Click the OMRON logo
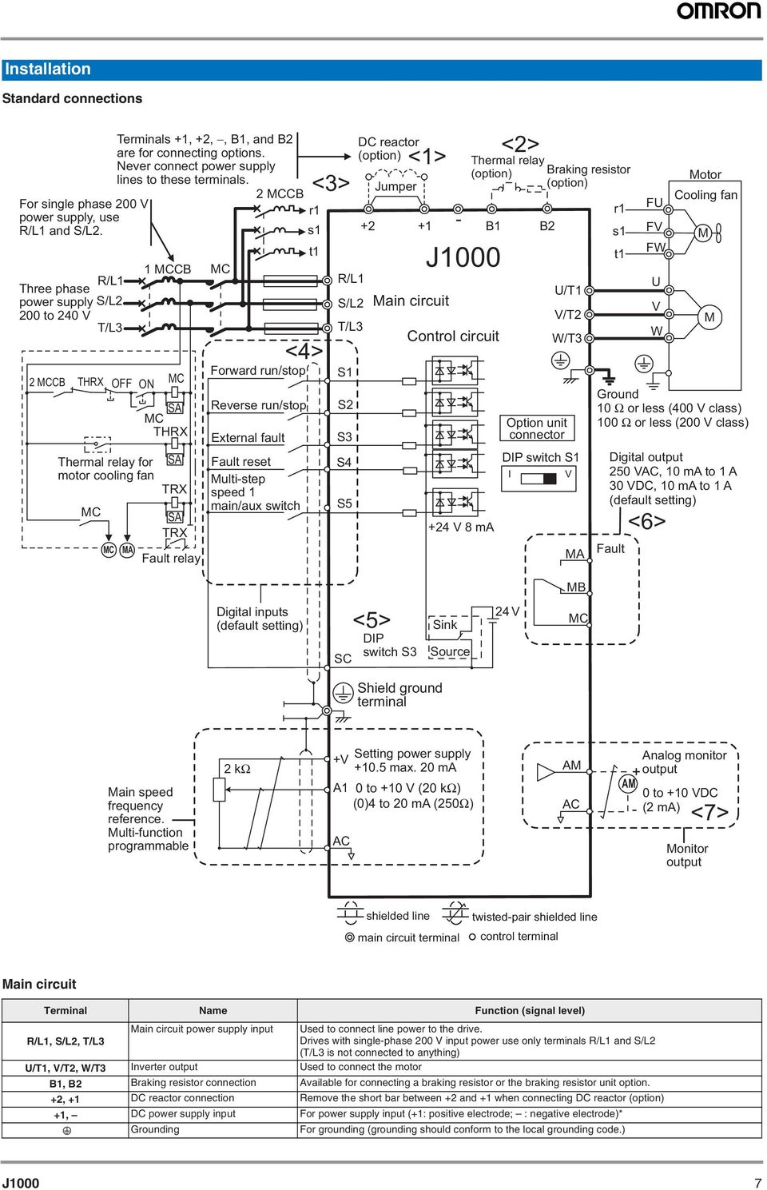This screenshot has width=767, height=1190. tap(719, 11)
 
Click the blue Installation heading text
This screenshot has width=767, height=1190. tap(48, 70)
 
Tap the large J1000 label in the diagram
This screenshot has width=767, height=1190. tap(463, 257)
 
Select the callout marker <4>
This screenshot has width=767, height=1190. tap(304, 351)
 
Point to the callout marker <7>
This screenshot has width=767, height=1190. tap(709, 813)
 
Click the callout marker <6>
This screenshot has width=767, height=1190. tap(646, 522)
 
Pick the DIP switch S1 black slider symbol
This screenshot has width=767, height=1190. tap(549, 478)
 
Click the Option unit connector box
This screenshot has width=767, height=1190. tap(537, 428)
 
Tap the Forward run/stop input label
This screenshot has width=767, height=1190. tap(257, 371)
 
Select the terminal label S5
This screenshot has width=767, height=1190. tap(344, 503)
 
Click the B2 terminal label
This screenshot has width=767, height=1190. tap(546, 226)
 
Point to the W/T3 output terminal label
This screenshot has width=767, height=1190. tap(566, 338)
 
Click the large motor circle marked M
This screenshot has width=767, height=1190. tap(709, 317)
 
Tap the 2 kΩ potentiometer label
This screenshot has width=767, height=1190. tap(237, 769)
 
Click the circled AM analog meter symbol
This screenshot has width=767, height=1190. tap(629, 784)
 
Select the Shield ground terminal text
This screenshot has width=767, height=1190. tap(399, 694)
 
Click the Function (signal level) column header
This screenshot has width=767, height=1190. tap(529, 1010)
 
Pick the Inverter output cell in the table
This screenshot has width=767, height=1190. tap(164, 1067)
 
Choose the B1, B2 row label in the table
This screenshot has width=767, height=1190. tap(66, 1084)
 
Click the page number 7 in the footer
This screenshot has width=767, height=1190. tap(757, 1183)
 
